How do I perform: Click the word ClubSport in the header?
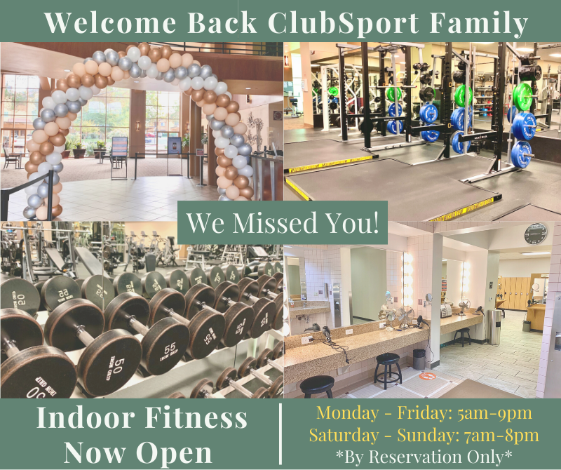[x=343, y=23]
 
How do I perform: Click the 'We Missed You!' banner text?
[x=283, y=222]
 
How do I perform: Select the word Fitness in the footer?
[x=196, y=417]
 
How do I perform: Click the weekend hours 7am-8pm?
[x=501, y=436]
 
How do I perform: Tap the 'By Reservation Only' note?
[x=424, y=457]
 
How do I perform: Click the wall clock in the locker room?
[x=536, y=234]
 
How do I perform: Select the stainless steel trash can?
[x=495, y=326]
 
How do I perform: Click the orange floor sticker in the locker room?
[x=427, y=376]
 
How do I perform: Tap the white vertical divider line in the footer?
[x=280, y=434]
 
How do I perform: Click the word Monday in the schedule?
[x=347, y=412]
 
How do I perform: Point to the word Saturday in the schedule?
[x=344, y=436]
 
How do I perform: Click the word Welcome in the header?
[x=110, y=23]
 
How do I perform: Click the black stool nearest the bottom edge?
[x=317, y=386]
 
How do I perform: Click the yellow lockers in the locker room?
[x=515, y=293]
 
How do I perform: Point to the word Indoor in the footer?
[x=85, y=417]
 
